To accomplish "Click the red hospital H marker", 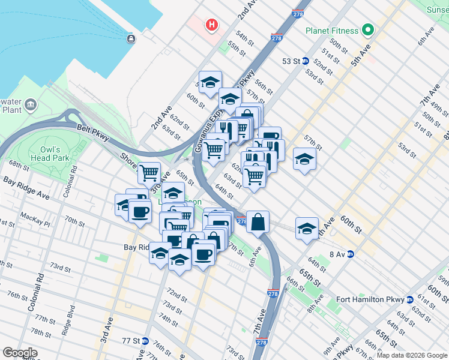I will point(211,25).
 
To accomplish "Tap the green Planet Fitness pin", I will point(367,31).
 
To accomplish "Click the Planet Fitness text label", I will point(331,31).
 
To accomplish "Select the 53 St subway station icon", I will point(305,61).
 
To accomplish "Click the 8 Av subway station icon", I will point(351,254).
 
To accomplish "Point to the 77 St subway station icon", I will point(145,340).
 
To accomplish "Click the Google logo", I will point(20,353).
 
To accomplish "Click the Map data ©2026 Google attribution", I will point(412,355).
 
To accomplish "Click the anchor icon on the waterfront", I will point(131,39).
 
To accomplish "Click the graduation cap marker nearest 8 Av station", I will point(307,228).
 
